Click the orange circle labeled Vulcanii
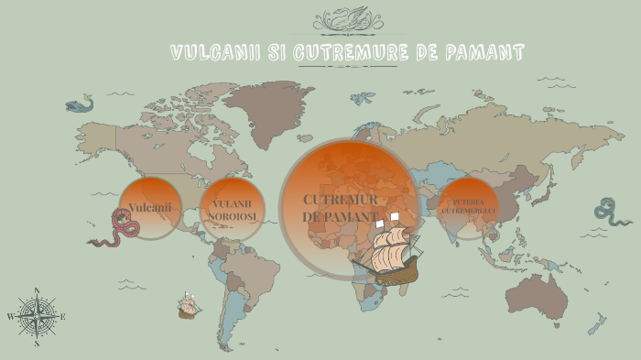click(150, 208)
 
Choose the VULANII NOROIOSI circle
click(233, 210)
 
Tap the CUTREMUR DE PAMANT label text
click(340, 208)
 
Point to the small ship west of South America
click(190, 305)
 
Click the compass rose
click(37, 317)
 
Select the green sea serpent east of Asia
click(609, 213)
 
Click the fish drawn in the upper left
click(81, 104)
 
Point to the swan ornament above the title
click(341, 19)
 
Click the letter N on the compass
click(37, 291)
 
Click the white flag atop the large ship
click(395, 217)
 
